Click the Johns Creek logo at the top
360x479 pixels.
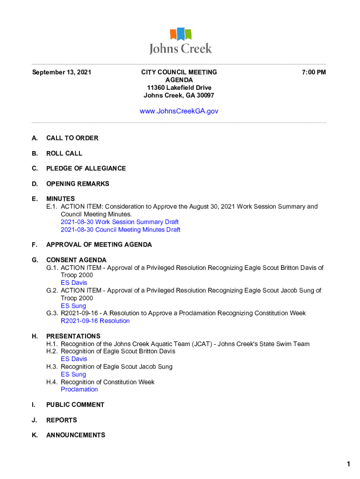(180, 41)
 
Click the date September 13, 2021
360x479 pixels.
(61, 73)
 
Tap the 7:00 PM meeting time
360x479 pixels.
(314, 73)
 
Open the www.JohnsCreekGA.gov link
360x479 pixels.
(179, 111)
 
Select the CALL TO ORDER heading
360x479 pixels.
(72, 138)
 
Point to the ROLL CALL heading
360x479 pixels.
(64, 153)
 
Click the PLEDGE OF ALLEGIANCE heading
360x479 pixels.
(86, 168)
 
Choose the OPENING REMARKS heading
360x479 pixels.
(78, 184)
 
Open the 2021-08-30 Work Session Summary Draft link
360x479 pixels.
(120, 222)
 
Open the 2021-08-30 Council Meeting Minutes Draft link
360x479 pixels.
(121, 230)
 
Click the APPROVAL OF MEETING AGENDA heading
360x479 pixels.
(99, 245)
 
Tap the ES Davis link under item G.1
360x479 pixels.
(74, 283)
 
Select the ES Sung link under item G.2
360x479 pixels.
(73, 306)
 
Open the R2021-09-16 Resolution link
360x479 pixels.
(95, 321)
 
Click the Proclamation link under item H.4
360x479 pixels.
(79, 390)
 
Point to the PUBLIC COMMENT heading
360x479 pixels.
(75, 405)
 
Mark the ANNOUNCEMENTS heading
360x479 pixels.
(76, 435)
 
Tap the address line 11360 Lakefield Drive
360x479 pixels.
(179, 88)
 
